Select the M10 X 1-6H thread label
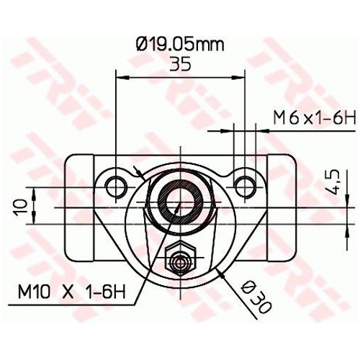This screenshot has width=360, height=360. click(72, 292)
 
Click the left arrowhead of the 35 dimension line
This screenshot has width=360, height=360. click(121, 76)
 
